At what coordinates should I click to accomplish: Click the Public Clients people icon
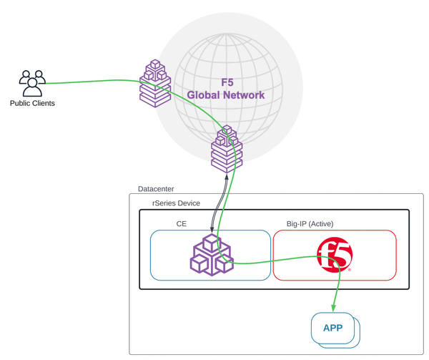coord(32,82)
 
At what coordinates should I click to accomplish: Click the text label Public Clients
coord(32,103)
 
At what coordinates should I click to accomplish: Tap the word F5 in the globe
coord(227,83)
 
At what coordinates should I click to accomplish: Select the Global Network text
coord(226,95)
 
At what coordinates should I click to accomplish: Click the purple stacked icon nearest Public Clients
coord(155,84)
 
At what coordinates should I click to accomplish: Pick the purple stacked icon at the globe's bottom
coord(227,149)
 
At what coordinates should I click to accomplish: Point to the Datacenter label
coord(155,189)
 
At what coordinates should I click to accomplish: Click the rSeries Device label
coord(176,203)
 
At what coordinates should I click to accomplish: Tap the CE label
coord(182,223)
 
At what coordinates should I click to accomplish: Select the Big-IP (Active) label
coord(310,223)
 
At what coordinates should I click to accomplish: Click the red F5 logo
coord(334,256)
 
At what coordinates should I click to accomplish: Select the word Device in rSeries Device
coord(187,203)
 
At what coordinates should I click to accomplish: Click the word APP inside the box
coord(333,328)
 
